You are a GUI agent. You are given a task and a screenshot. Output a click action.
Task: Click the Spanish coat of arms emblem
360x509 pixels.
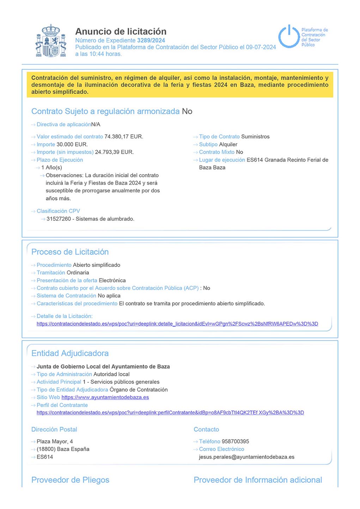(x=51, y=41)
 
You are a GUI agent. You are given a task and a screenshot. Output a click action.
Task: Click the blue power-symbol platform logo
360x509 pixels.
(x=289, y=36)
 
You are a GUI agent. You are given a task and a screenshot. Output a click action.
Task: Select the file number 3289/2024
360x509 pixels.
(x=151, y=41)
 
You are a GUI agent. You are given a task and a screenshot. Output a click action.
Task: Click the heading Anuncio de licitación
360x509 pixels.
(x=121, y=31)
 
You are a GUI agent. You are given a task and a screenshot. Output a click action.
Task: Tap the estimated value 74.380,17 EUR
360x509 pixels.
(x=124, y=136)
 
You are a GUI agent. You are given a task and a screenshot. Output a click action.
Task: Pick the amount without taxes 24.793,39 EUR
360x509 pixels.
(x=114, y=152)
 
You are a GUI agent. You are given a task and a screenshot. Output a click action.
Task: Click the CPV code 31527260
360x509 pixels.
(x=59, y=219)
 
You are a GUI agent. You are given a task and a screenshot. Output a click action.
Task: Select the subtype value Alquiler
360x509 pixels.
(x=228, y=144)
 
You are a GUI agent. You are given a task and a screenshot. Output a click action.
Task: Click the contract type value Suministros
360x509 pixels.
(x=255, y=136)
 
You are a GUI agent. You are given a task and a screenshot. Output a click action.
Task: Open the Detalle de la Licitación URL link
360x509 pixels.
(x=177, y=324)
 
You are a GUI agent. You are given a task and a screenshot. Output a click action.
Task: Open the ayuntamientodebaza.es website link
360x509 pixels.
(x=105, y=397)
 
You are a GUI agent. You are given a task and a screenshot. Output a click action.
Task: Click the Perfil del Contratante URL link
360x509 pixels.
(x=170, y=412)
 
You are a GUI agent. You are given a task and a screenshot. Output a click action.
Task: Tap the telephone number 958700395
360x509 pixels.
(x=235, y=441)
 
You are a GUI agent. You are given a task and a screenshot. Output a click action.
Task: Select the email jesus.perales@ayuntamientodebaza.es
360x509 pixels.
(x=246, y=457)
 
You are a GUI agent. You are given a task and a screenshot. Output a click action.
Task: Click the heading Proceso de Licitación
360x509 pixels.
(x=70, y=252)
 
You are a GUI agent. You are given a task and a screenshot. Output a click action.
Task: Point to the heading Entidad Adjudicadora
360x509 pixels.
(x=70, y=353)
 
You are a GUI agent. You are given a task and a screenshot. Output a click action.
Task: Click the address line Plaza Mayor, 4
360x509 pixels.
(x=55, y=441)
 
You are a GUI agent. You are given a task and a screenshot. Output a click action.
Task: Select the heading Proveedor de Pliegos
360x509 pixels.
(x=70, y=480)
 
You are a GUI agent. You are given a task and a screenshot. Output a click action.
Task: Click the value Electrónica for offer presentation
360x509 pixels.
(x=112, y=280)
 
